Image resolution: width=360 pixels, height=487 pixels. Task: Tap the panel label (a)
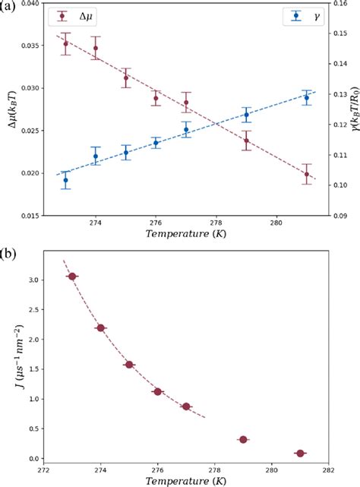click(x=8, y=5)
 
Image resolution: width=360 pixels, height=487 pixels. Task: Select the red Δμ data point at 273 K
click(x=65, y=43)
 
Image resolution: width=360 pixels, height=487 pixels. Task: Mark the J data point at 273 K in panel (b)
click(x=72, y=277)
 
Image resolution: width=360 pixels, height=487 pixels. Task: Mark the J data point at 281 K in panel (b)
click(x=300, y=454)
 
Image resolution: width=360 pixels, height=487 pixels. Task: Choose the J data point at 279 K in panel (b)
click(x=243, y=440)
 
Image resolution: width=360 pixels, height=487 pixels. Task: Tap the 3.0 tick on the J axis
click(x=38, y=280)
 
